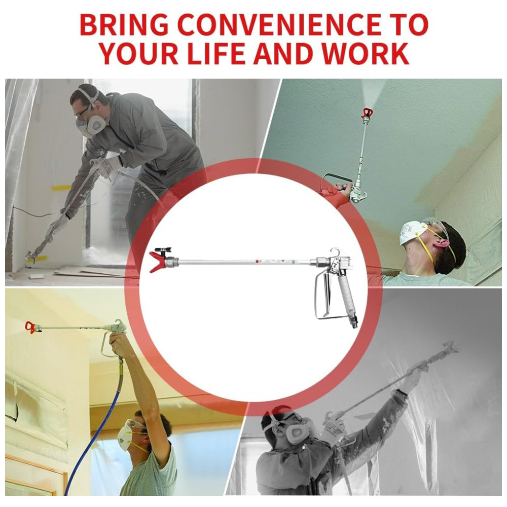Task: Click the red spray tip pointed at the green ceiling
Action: tap(367, 113)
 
